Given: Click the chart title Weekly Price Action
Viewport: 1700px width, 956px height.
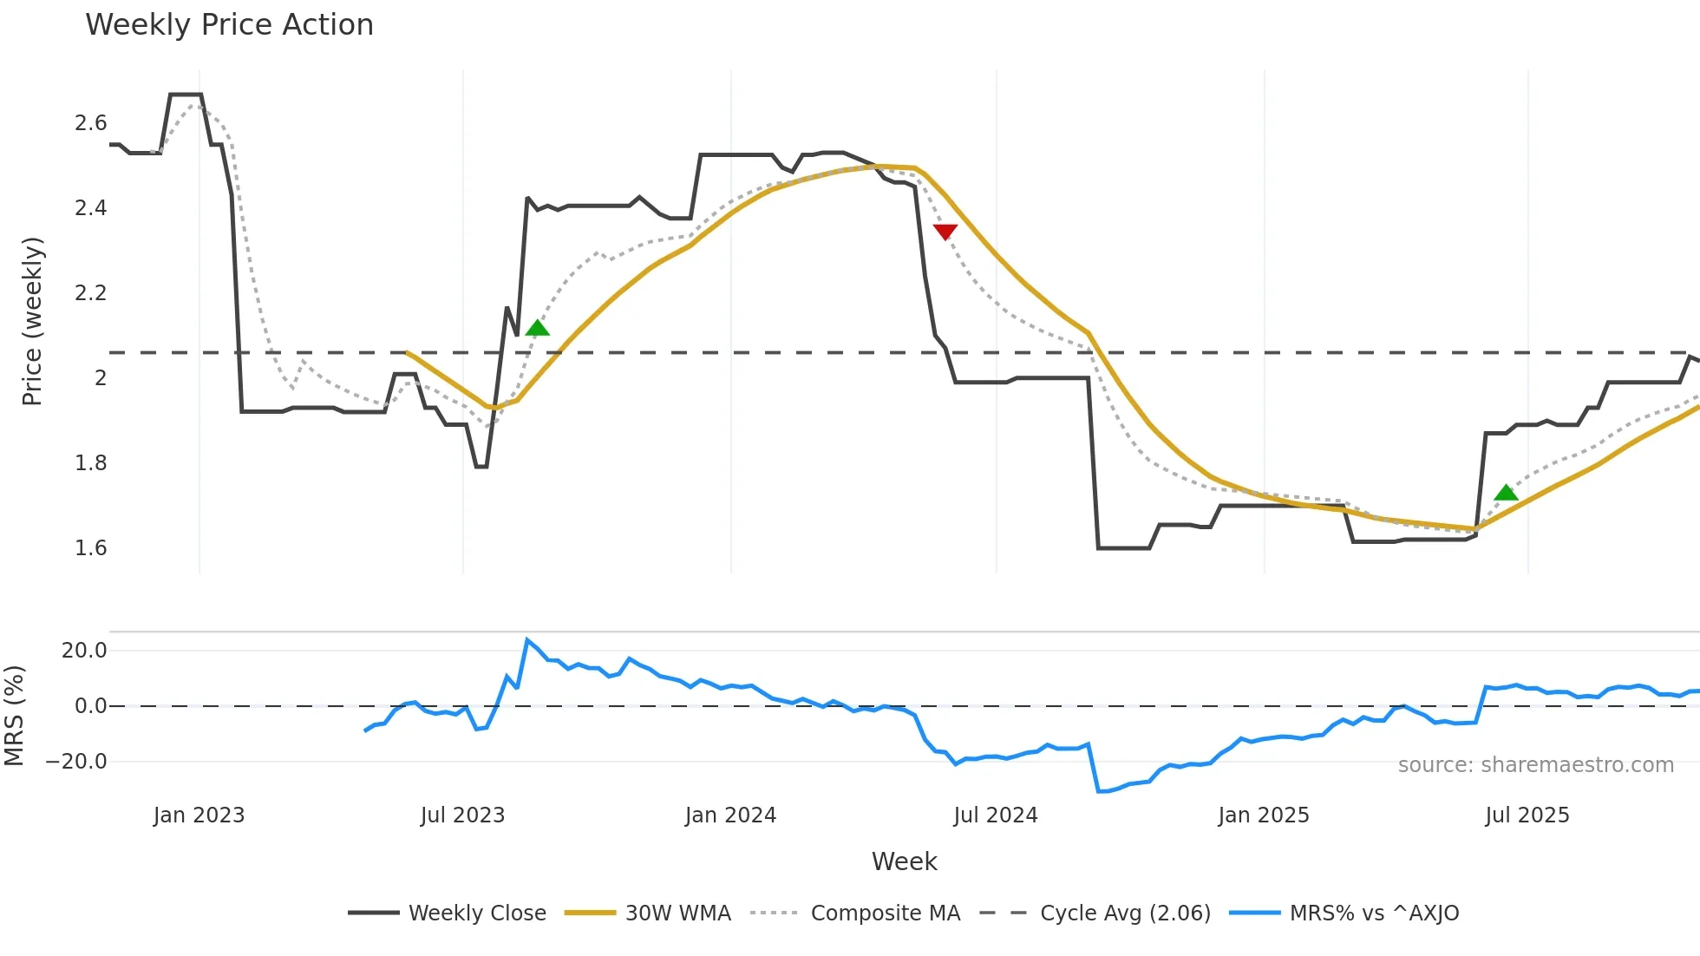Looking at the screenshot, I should [229, 25].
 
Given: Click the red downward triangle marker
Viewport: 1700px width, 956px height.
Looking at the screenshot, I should [945, 232].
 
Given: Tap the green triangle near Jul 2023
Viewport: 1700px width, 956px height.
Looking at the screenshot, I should [537, 328].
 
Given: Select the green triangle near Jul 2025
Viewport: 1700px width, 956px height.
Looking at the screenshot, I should [1506, 493].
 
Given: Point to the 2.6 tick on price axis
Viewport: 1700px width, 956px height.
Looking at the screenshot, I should [90, 123].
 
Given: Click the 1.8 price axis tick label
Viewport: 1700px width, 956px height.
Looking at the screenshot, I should [90, 463].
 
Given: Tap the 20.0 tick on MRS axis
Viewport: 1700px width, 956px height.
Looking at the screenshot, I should [84, 651].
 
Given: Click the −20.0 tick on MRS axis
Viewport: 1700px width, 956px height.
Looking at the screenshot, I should [76, 762].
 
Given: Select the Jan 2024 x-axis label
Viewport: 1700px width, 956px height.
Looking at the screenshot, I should [730, 815].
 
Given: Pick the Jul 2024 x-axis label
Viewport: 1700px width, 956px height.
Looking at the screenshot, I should [995, 815].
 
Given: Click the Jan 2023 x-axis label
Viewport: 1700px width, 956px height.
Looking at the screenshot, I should [199, 815].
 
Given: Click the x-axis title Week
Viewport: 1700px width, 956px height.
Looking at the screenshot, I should [904, 861].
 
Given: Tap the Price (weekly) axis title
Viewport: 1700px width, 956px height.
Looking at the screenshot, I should [32, 321].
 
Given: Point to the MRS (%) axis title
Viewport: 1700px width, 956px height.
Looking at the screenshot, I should [14, 716].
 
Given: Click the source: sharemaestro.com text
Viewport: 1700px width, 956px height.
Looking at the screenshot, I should [1535, 765].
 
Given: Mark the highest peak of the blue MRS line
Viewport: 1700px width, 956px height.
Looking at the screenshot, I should [526, 640].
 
